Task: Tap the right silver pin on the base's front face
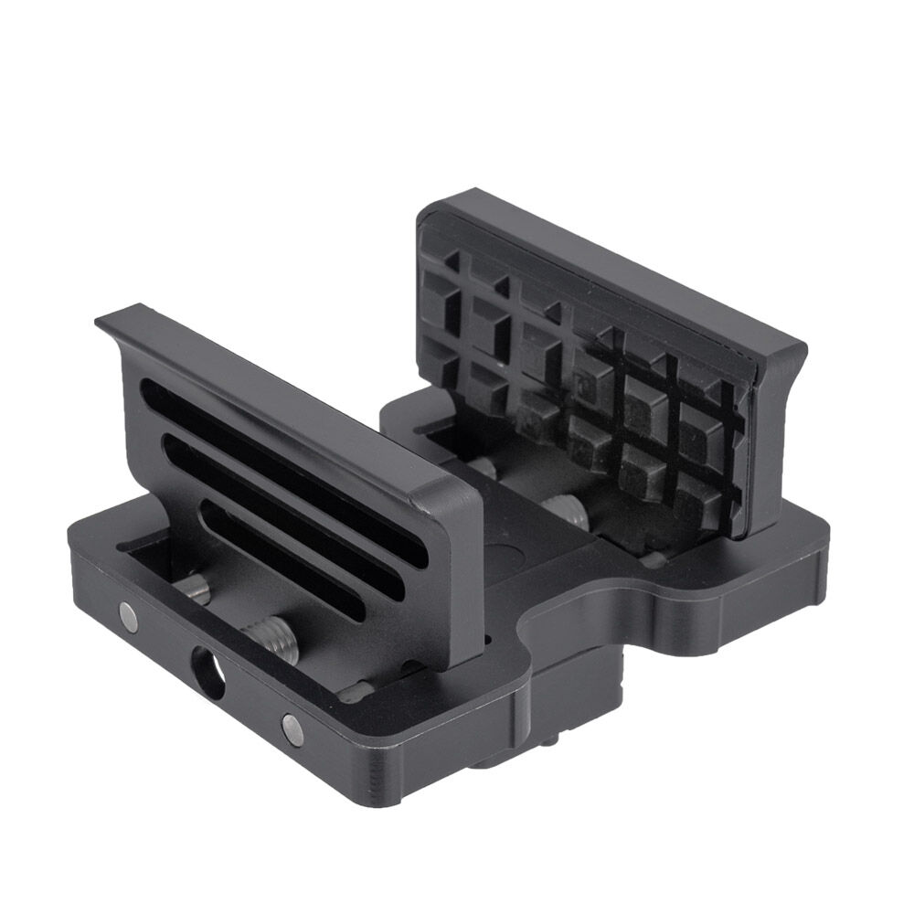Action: coord(293,726)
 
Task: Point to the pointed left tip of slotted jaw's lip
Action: coord(101,321)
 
